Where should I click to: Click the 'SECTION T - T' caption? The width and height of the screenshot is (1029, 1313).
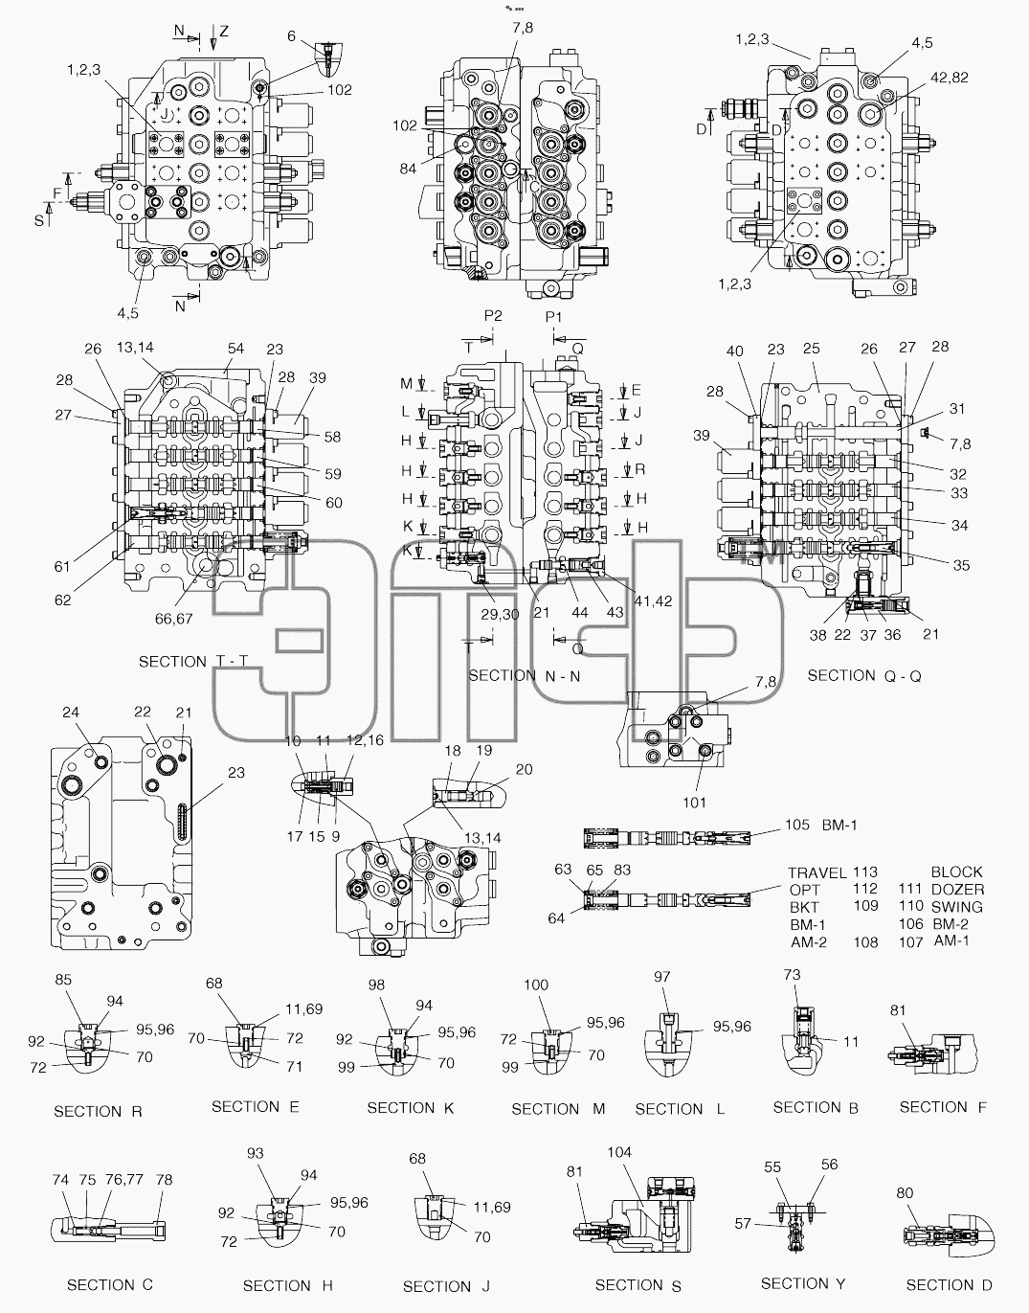193,662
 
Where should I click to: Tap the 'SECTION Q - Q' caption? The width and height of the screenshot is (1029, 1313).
864,676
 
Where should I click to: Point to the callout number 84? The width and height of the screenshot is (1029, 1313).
408,169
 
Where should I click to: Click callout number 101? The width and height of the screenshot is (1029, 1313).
694,803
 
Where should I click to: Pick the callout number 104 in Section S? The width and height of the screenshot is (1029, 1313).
619,1152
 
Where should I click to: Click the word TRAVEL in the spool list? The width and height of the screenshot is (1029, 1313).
817,873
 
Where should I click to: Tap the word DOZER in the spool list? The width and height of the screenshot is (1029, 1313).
958,890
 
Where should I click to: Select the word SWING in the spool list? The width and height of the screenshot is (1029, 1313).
957,907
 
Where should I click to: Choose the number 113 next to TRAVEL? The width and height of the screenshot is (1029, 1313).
865,872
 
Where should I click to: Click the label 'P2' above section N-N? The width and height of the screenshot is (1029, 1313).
493,315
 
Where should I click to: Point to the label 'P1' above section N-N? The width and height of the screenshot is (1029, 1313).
554,317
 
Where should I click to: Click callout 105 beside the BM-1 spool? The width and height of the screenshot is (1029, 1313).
797,825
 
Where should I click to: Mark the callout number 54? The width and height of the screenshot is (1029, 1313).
236,349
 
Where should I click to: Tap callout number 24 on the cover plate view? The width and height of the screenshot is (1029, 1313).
71,713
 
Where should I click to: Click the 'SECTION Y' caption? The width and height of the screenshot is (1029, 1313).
803,1283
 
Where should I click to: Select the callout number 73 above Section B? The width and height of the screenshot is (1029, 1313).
792,975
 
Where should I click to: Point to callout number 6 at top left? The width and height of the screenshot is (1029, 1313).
291,36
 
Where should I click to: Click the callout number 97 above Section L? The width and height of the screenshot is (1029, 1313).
662,977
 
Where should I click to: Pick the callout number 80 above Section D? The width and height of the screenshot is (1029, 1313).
905,1193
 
